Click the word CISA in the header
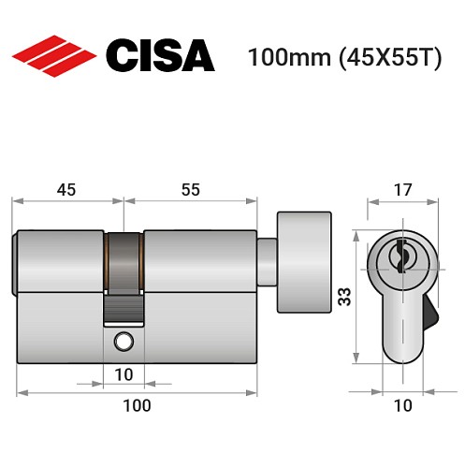[159, 56]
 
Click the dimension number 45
[66, 189]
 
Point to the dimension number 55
[190, 189]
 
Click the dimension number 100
[137, 405]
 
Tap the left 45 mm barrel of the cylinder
[61, 262]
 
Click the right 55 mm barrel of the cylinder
[199, 262]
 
